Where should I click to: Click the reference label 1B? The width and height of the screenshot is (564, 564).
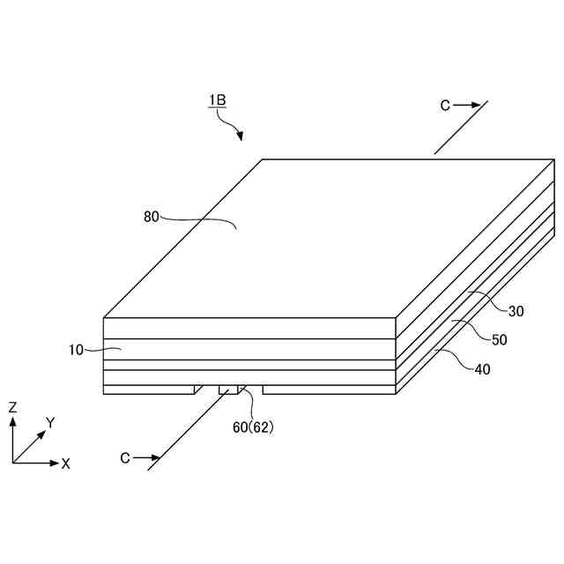218,100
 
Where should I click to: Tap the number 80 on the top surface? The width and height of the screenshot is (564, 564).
151,216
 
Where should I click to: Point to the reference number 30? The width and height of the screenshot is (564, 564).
517,309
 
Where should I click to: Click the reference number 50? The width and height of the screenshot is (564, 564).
499,339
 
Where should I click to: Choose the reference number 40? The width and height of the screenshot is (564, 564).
482,369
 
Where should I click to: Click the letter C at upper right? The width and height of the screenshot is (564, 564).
446,106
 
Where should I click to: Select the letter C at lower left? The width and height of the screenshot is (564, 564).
125,458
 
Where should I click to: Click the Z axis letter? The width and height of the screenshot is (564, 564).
13,407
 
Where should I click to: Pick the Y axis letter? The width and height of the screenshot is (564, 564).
50,423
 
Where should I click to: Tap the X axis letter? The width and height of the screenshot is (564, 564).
66,464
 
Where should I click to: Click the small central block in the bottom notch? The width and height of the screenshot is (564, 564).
228,390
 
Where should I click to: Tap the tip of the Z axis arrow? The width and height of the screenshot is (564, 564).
13,419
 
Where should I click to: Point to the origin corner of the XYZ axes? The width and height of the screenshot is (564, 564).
13,463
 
